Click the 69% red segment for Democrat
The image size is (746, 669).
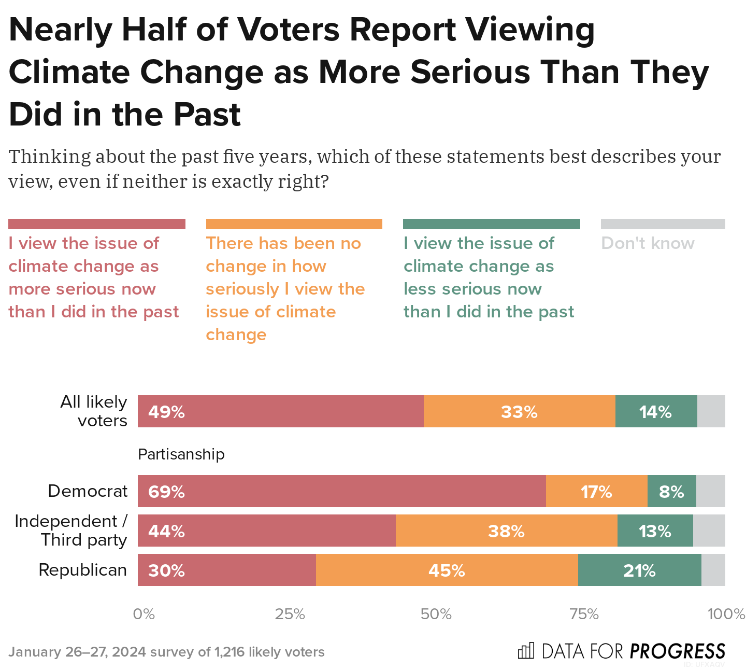[x=341, y=491]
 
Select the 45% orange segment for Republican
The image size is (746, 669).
[x=447, y=570]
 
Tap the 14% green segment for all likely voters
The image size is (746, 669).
[x=656, y=411]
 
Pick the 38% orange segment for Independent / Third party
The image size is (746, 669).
[x=506, y=531]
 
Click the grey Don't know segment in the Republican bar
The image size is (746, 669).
[x=713, y=570]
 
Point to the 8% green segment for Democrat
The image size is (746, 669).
[x=671, y=491]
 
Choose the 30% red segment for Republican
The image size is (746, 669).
[x=226, y=570]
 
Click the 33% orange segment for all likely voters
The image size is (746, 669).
[x=519, y=411]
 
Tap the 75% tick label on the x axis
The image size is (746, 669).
[x=584, y=615]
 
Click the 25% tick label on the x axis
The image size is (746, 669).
[x=290, y=615]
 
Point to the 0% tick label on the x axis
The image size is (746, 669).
[x=144, y=615]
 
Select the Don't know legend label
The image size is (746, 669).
[x=648, y=243]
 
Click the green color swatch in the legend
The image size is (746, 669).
[x=491, y=224]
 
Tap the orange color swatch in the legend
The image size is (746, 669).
[x=294, y=224]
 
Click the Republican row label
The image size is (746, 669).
[x=83, y=570]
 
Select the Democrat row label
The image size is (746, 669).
[x=88, y=491]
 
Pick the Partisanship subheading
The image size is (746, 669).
[x=181, y=454]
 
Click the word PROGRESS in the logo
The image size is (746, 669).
[x=677, y=651]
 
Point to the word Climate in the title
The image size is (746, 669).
[x=69, y=72]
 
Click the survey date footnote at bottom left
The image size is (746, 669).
[x=166, y=652]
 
